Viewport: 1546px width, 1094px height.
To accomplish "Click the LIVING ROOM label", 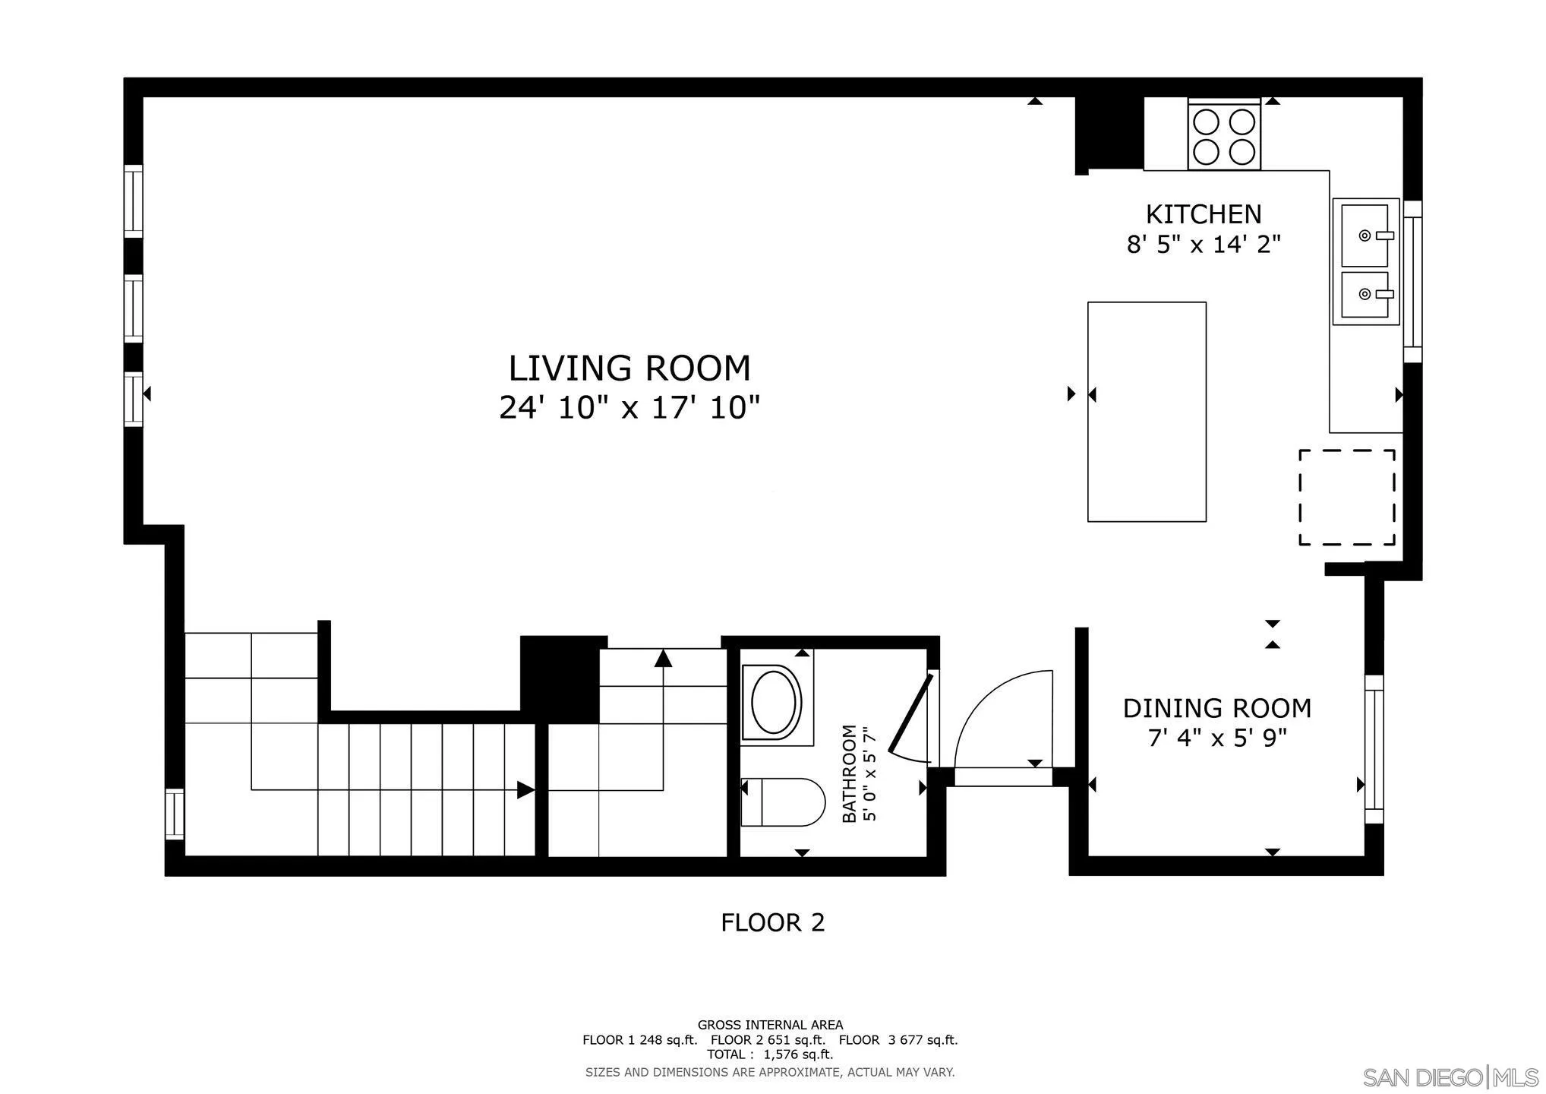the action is coord(629,368).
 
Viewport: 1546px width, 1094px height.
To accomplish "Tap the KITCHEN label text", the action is coord(1204,214).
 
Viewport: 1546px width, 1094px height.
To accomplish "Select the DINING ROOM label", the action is coord(1217,708).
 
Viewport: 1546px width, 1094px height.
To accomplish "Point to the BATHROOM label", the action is coord(849,773).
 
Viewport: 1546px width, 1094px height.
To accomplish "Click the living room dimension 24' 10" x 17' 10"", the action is coord(629,408).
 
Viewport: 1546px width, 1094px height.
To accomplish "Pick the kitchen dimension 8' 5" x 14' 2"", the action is coord(1204,245).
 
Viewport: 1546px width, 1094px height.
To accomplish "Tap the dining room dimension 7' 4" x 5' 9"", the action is coord(1217,738).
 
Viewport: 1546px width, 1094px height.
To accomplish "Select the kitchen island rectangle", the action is coord(1147,412).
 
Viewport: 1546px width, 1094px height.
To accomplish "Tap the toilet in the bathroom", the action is coord(783,802).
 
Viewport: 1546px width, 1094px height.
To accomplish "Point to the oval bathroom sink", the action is coord(776,701).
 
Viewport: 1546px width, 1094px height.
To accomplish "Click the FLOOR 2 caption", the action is coord(772,922).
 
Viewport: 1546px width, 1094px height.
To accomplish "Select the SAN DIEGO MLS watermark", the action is coord(1450,1077).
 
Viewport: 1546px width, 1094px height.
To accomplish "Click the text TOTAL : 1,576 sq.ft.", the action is coord(770,1054).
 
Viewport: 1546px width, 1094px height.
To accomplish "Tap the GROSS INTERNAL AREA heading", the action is coord(770,1025).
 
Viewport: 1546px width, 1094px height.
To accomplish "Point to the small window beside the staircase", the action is coord(175,814).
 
